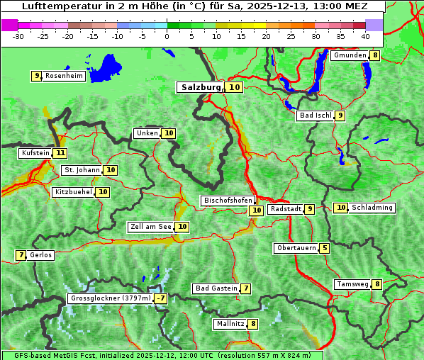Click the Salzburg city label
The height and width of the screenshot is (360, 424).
click(x=201, y=87)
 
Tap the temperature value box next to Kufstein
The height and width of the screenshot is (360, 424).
click(x=60, y=152)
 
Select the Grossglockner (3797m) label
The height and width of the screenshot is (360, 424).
click(x=111, y=298)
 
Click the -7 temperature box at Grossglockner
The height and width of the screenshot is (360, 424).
click(x=161, y=298)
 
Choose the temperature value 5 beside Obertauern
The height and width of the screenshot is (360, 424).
click(x=324, y=248)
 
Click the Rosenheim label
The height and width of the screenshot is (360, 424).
click(x=64, y=76)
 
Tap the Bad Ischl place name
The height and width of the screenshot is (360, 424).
click(x=315, y=116)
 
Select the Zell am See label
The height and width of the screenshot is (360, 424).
click(x=150, y=227)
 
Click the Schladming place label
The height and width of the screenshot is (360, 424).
click(x=372, y=208)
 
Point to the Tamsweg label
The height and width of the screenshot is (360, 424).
click(x=352, y=284)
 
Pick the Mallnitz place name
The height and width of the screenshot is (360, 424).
click(x=230, y=324)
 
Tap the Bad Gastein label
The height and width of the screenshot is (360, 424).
click(x=216, y=288)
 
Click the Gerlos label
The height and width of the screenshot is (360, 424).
click(x=40, y=255)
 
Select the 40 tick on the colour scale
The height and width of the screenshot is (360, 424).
click(x=365, y=35)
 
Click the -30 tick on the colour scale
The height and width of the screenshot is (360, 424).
click(x=18, y=35)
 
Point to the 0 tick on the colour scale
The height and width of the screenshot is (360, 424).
click(x=167, y=35)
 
